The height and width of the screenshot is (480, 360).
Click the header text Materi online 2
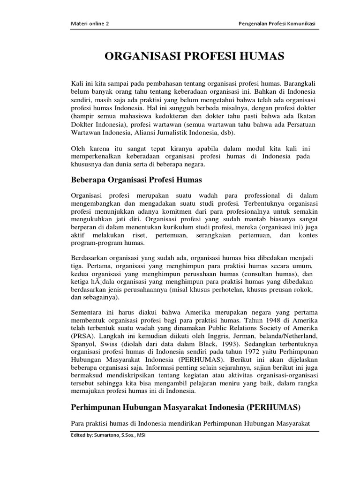pos(90,25)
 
